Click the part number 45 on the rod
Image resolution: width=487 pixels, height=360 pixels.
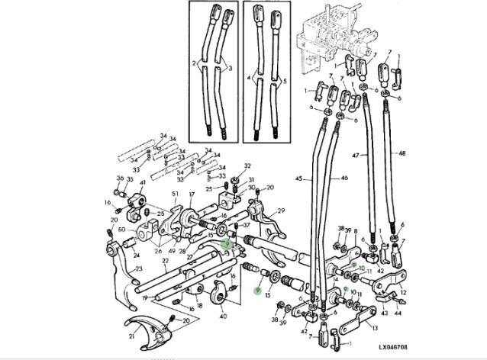pos(299,180)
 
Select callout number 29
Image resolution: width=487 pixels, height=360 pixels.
pos(281,211)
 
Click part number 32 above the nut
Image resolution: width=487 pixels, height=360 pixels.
pos(247,166)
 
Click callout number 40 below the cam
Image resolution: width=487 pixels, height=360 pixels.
pos(223,315)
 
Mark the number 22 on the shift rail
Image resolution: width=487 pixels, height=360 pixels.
pos(165,261)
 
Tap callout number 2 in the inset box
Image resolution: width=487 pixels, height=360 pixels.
pos(195,63)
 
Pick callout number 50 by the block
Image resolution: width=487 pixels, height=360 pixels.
pos(122,229)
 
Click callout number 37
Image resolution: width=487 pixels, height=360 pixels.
pos(246,227)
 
